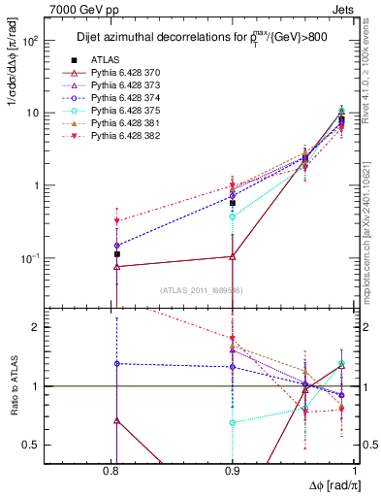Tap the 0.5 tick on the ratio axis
click(x=50, y=445)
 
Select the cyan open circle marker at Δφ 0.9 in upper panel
click(x=232, y=216)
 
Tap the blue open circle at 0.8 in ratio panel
click(x=116, y=363)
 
